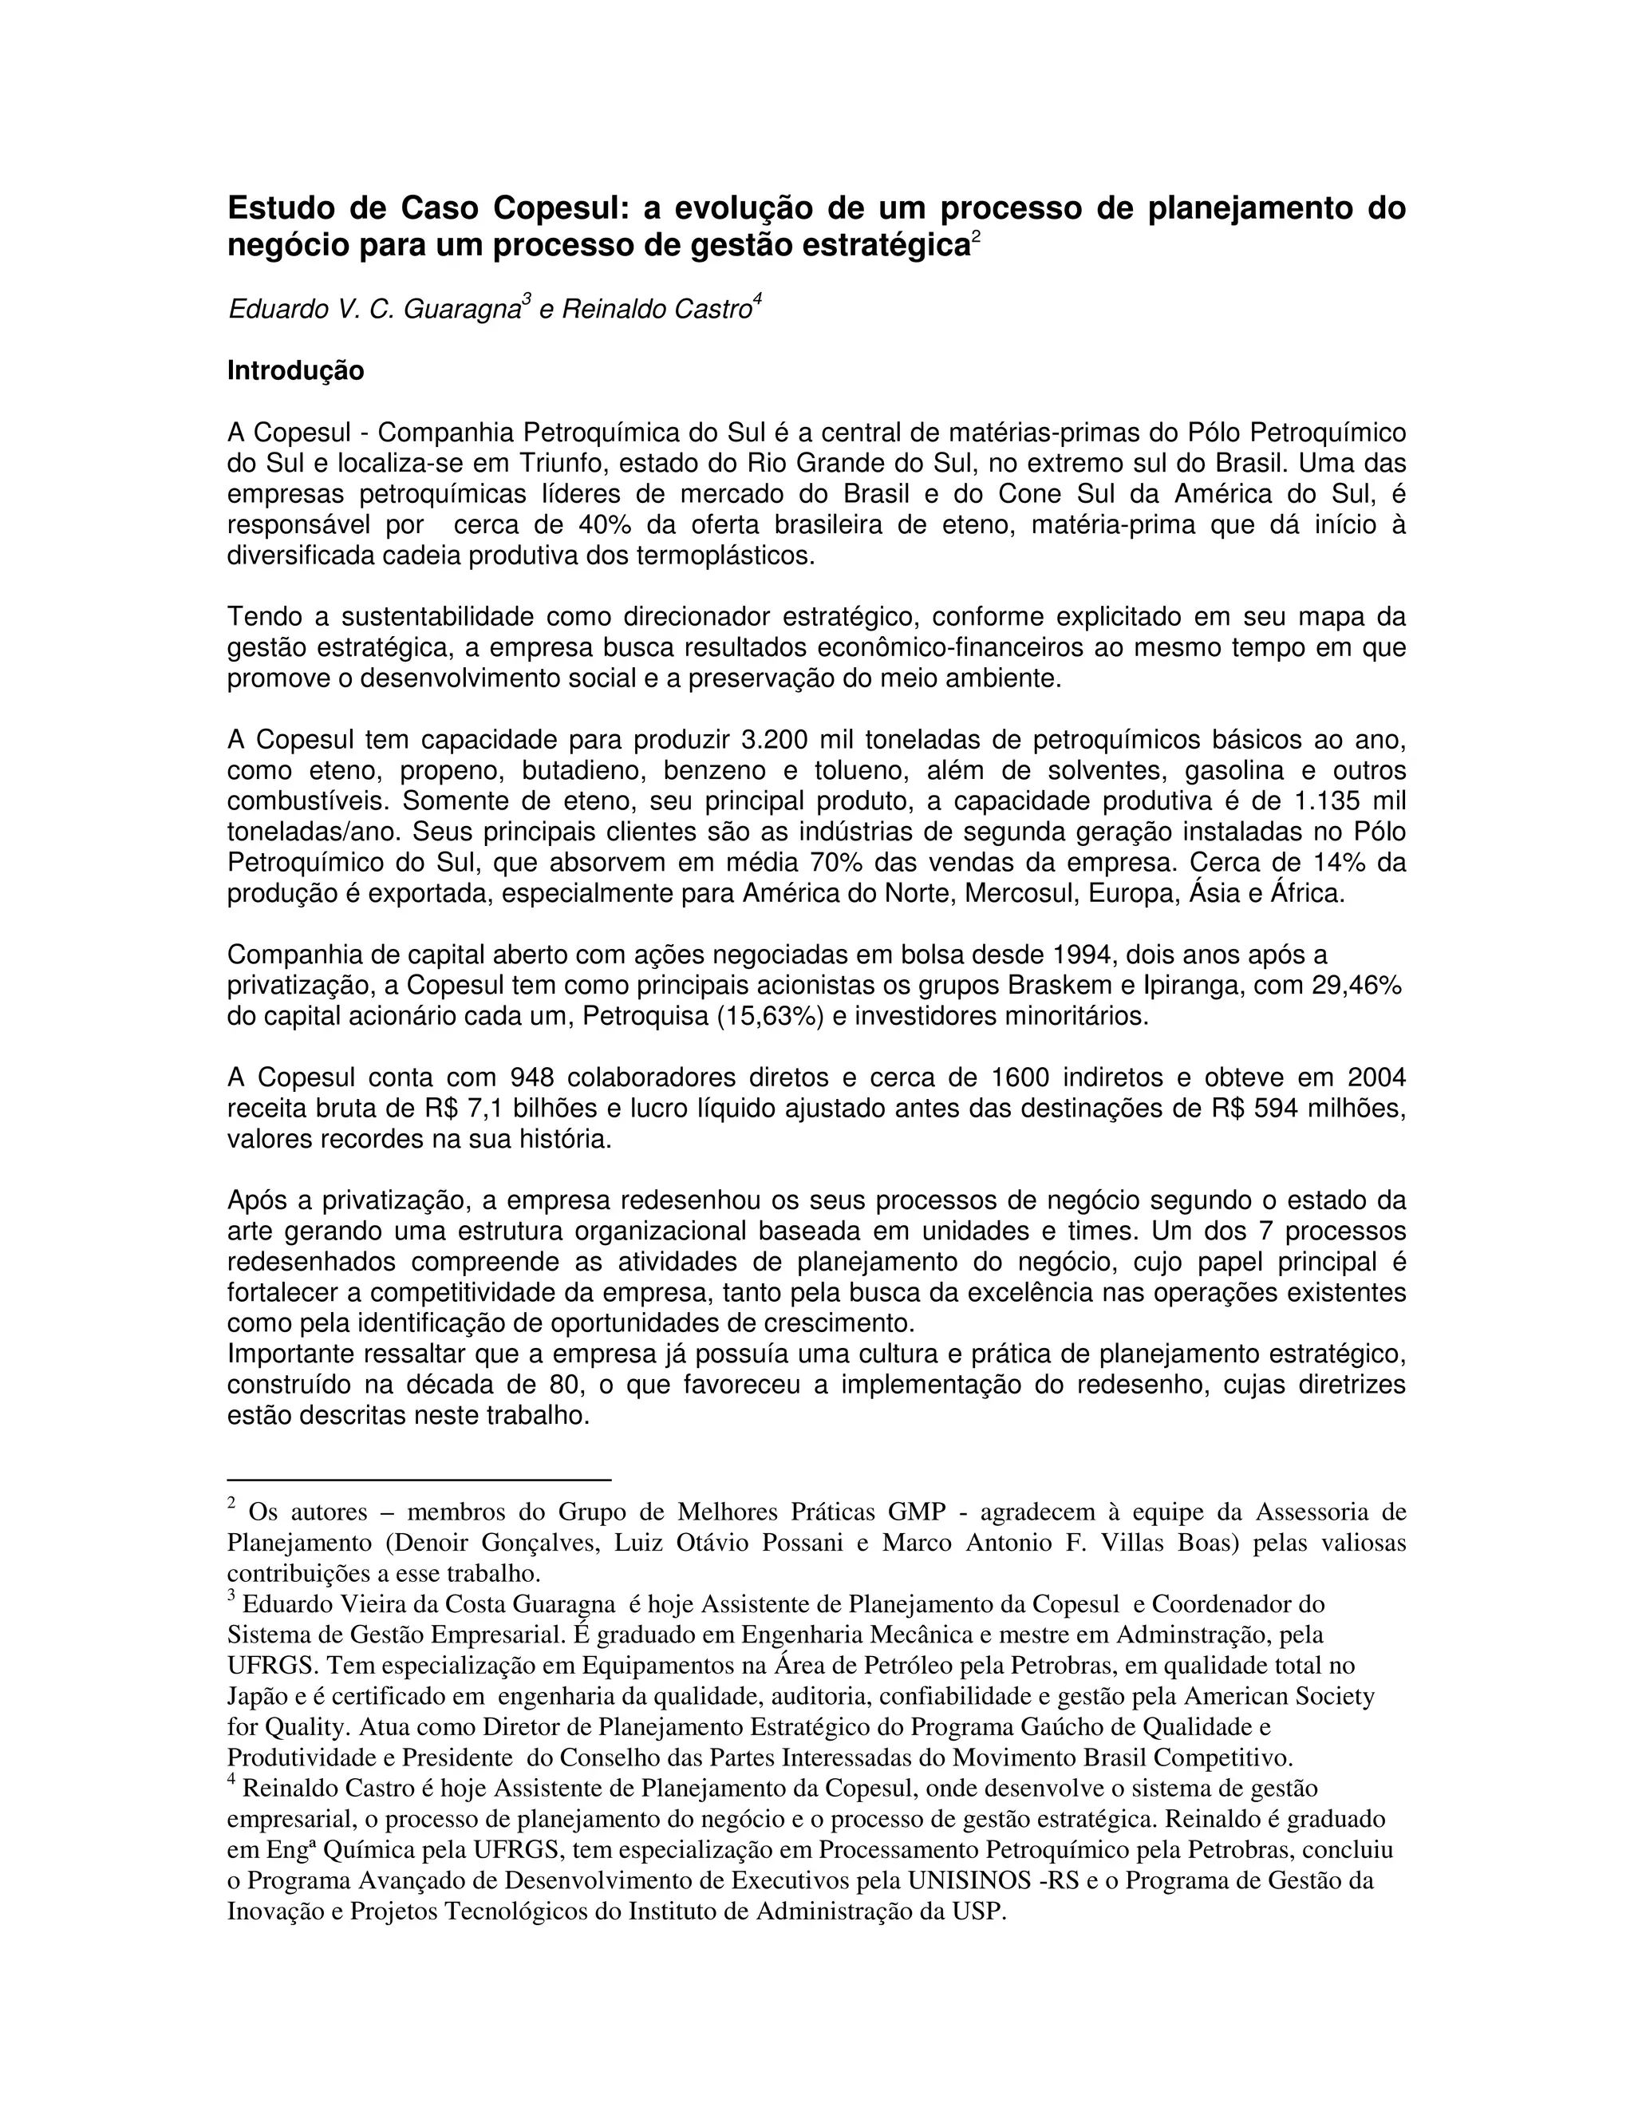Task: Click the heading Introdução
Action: (295, 371)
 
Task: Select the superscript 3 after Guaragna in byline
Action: (527, 301)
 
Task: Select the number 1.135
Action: (1326, 802)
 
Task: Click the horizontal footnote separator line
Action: (419, 1480)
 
